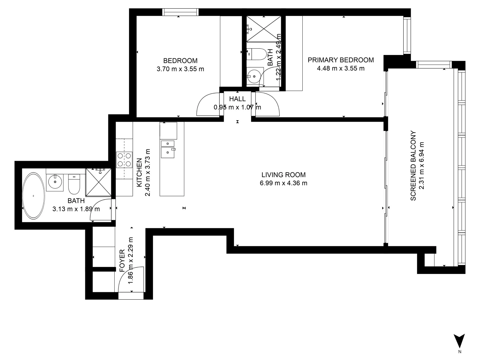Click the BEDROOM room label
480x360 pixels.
click(180, 61)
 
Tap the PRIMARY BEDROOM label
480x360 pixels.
click(340, 60)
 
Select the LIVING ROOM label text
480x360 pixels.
click(283, 175)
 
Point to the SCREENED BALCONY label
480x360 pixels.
click(413, 166)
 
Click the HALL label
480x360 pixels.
click(237, 99)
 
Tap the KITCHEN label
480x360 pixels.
click(140, 173)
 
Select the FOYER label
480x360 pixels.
click(122, 260)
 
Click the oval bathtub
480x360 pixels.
click(33, 196)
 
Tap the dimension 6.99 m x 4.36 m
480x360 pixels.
click(283, 183)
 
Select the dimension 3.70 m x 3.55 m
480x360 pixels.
click(180, 69)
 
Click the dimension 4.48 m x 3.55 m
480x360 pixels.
click(340, 69)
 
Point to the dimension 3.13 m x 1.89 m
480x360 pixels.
click(76, 209)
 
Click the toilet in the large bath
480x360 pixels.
click(74, 185)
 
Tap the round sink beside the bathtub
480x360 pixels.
click(54, 182)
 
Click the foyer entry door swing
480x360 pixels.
click(131, 279)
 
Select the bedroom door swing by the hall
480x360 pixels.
click(209, 105)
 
